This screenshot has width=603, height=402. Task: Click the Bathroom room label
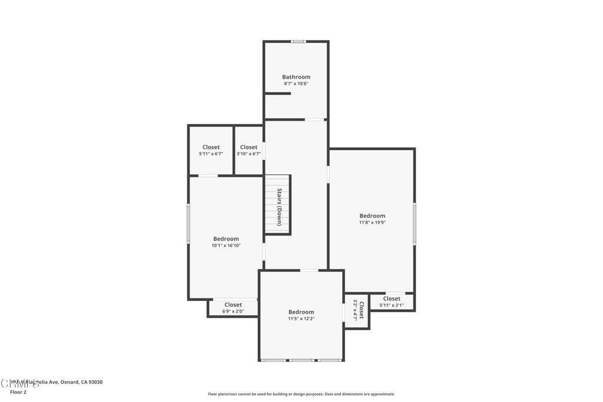(296, 77)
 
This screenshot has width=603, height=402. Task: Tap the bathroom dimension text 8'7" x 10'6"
(296, 84)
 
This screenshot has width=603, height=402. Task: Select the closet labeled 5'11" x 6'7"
(211, 150)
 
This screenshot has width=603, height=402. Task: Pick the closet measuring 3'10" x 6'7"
(249, 150)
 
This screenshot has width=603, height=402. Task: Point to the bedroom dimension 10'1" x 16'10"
(226, 245)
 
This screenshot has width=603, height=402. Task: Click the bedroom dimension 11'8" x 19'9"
(372, 222)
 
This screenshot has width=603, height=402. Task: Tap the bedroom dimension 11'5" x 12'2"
(301, 318)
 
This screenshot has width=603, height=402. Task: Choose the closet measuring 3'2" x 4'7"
(357, 310)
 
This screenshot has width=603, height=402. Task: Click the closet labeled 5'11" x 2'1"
(391, 302)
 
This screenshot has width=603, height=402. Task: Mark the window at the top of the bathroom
(299, 41)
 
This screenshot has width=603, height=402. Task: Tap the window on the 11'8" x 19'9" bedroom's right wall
(415, 224)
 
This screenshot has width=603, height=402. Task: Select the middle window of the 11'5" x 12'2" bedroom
(301, 360)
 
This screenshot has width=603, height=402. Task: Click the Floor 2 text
(18, 391)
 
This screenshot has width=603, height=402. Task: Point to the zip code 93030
(95, 382)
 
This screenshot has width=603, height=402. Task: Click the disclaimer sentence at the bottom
(301, 394)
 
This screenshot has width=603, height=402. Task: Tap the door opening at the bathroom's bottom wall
(314, 120)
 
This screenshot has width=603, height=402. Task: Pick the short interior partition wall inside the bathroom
(277, 93)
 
